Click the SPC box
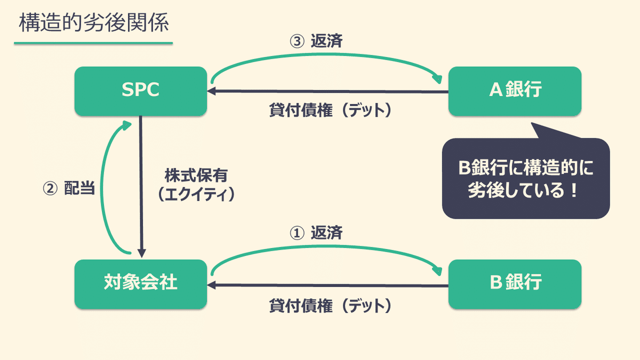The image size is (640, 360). click(x=140, y=91)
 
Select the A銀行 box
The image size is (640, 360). click(x=515, y=91)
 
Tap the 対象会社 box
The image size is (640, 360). click(x=140, y=284)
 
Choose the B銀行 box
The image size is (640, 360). click(x=515, y=284)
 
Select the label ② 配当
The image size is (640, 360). click(x=68, y=189)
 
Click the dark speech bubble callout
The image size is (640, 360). click(x=525, y=179)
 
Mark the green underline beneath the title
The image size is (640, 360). click(x=94, y=43)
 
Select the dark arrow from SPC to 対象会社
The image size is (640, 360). click(x=142, y=187)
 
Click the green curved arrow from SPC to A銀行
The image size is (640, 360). click(x=325, y=54)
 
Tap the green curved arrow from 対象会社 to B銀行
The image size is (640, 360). click(x=325, y=247)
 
